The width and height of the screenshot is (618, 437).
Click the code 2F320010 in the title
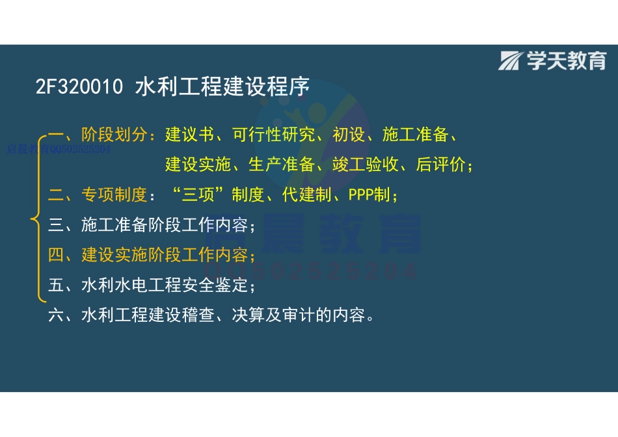pos(79,88)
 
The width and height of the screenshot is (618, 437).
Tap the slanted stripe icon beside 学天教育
pos(511,61)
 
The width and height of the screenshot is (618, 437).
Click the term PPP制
pos(371,195)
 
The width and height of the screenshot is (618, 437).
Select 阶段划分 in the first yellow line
pos(114,135)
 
